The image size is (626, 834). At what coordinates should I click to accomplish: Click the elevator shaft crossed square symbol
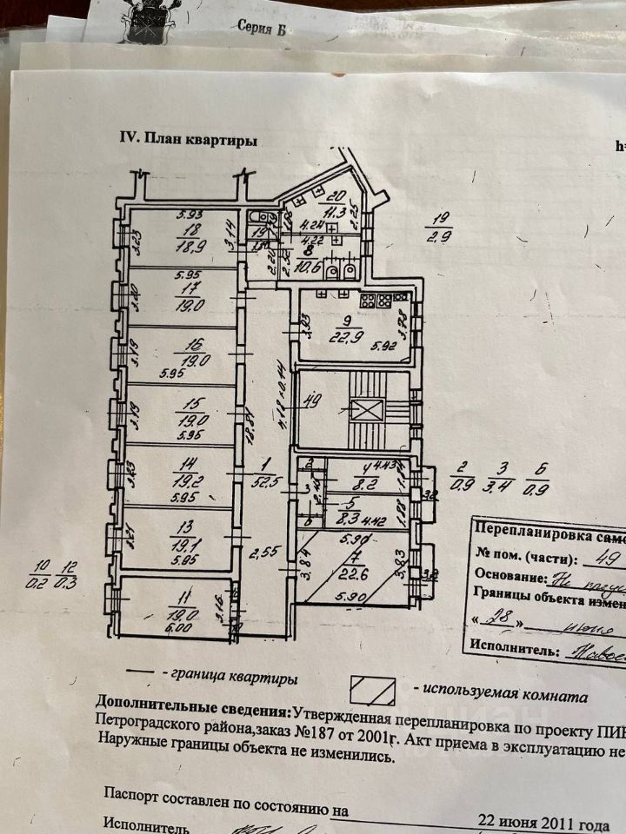pyautogui.click(x=365, y=411)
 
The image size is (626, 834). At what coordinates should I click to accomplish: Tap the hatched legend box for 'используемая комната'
pyautogui.click(x=372, y=692)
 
